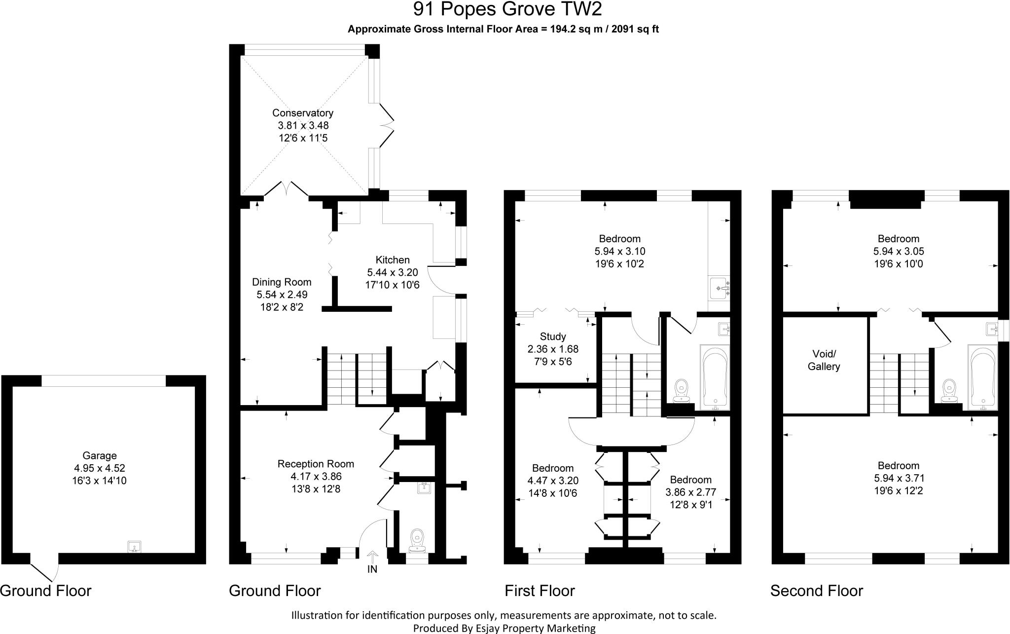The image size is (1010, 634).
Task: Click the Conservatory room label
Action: (303, 113)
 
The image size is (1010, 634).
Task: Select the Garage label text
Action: (100, 455)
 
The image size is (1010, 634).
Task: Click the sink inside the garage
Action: (134, 547)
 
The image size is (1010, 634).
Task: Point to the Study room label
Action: (553, 336)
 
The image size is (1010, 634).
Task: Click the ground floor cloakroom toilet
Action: (417, 541)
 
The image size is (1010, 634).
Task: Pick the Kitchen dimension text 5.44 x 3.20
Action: (393, 272)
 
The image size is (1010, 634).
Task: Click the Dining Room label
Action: (282, 282)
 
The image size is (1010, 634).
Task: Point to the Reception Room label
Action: (316, 464)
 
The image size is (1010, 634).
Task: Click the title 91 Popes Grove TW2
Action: (507, 9)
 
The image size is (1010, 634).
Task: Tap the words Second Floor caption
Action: (817, 591)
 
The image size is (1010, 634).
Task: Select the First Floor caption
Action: (540, 591)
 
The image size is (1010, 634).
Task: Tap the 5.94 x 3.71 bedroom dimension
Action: (899, 478)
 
